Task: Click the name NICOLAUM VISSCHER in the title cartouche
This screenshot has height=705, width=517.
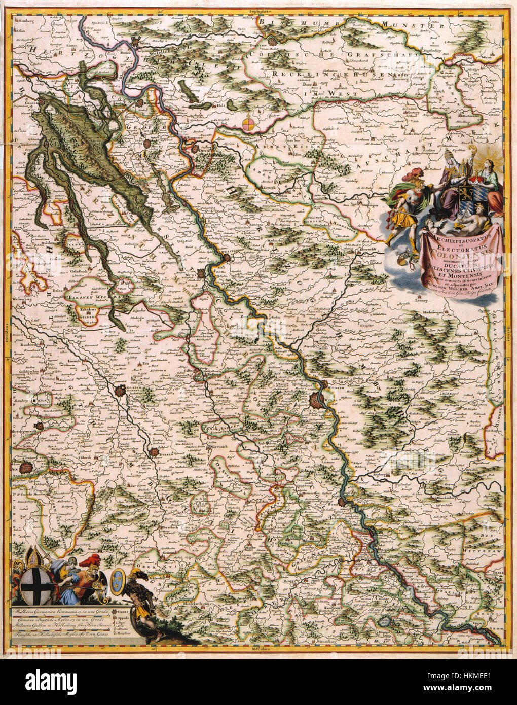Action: tap(456, 293)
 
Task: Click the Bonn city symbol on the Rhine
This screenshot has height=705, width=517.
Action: tap(344, 502)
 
